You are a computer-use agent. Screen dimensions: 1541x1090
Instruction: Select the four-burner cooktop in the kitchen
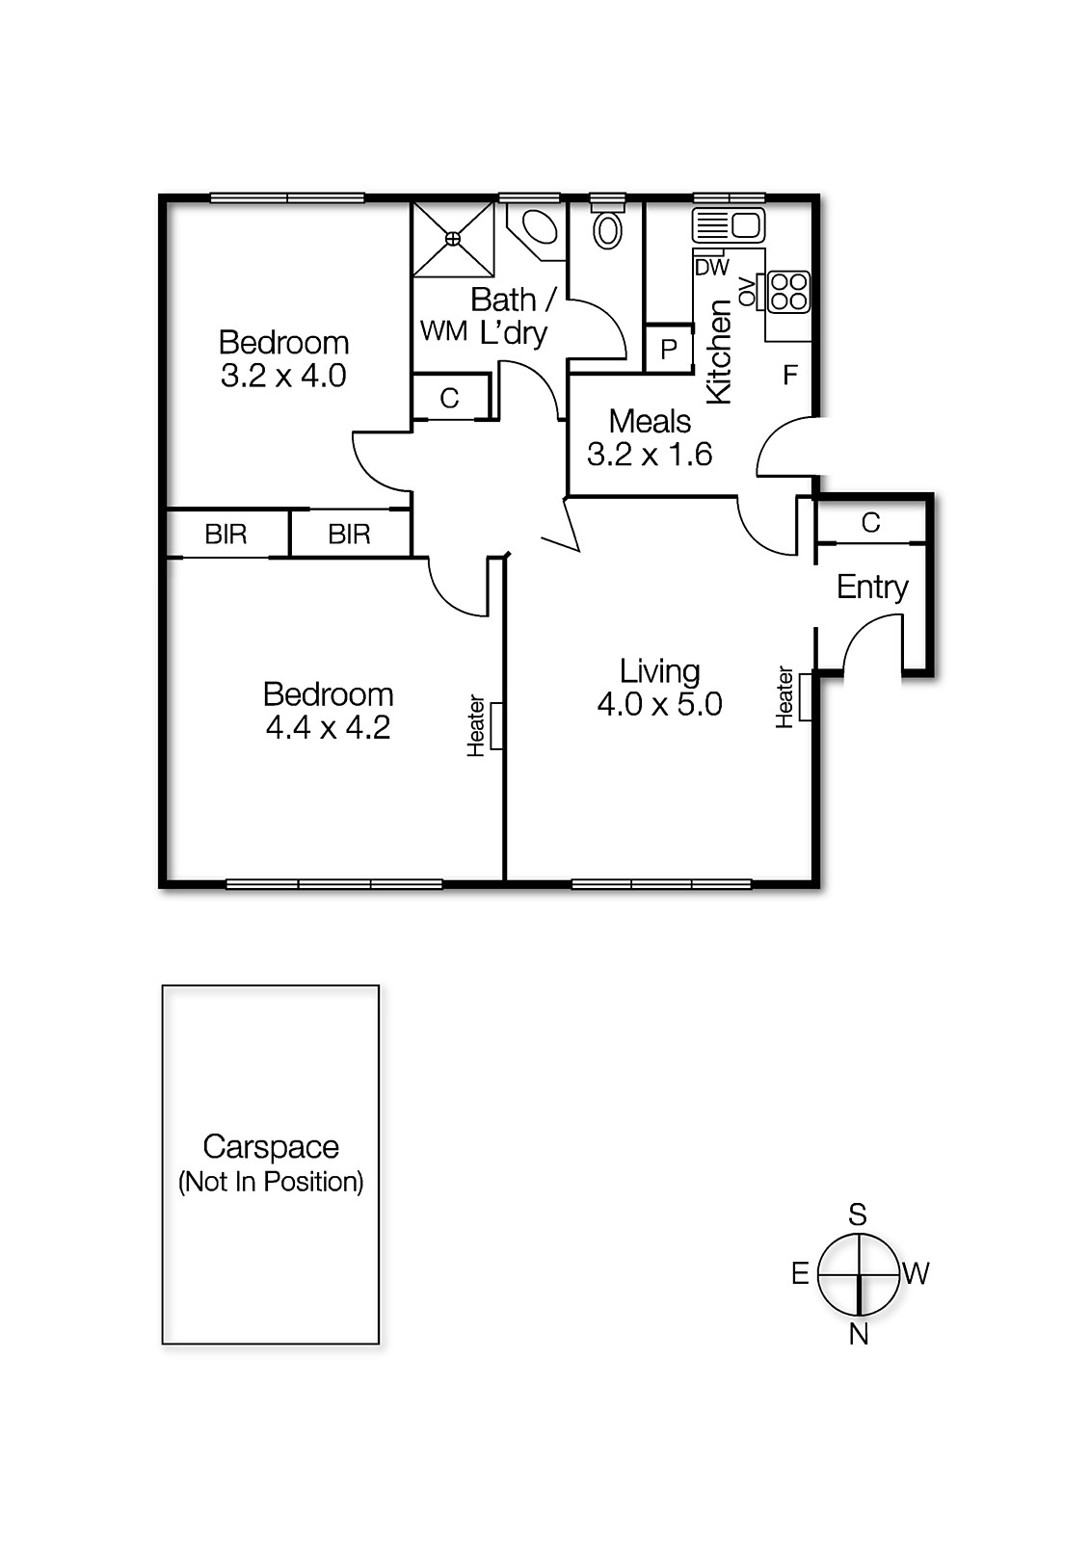788,292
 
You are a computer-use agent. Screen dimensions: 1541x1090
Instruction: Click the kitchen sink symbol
729,226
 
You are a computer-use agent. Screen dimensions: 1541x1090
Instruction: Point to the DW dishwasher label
712,268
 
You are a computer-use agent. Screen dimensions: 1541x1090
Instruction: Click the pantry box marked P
669,349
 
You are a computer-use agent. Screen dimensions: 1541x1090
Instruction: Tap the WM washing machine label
443,331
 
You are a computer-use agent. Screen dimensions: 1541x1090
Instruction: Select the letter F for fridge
790,375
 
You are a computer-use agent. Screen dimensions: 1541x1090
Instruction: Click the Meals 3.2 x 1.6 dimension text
650,454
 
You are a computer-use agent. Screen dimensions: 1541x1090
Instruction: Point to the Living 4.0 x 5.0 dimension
659,704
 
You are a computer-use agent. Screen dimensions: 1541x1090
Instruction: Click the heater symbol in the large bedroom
497,725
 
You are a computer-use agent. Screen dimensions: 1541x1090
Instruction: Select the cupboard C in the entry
870,522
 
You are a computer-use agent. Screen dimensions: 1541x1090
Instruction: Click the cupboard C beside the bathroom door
449,398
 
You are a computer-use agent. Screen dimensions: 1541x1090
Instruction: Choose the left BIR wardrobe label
226,534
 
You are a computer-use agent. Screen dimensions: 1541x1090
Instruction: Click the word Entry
872,587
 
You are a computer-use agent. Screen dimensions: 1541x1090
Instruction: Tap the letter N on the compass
859,1334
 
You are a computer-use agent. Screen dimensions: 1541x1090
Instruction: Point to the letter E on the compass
800,1273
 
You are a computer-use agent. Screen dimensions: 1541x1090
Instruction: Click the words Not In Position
271,1182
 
